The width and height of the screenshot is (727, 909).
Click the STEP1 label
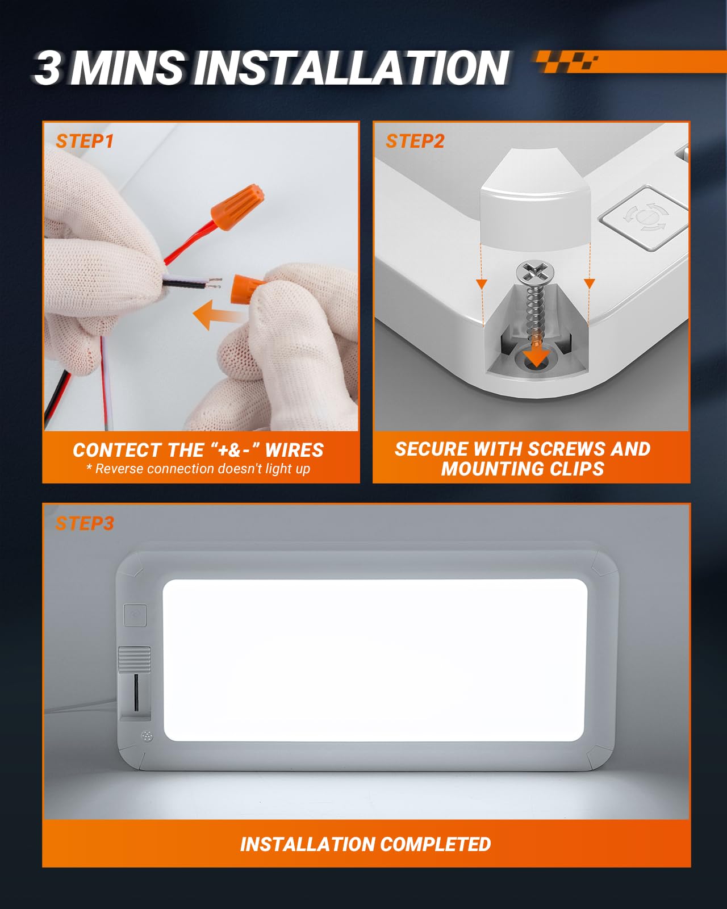85,141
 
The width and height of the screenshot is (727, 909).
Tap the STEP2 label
415,141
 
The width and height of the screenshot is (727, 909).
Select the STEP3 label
85,523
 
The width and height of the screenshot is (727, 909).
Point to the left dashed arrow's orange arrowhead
482,284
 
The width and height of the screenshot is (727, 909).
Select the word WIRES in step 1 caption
294,450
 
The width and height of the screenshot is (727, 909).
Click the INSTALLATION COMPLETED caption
365,844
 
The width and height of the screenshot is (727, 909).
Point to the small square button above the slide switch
135,615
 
